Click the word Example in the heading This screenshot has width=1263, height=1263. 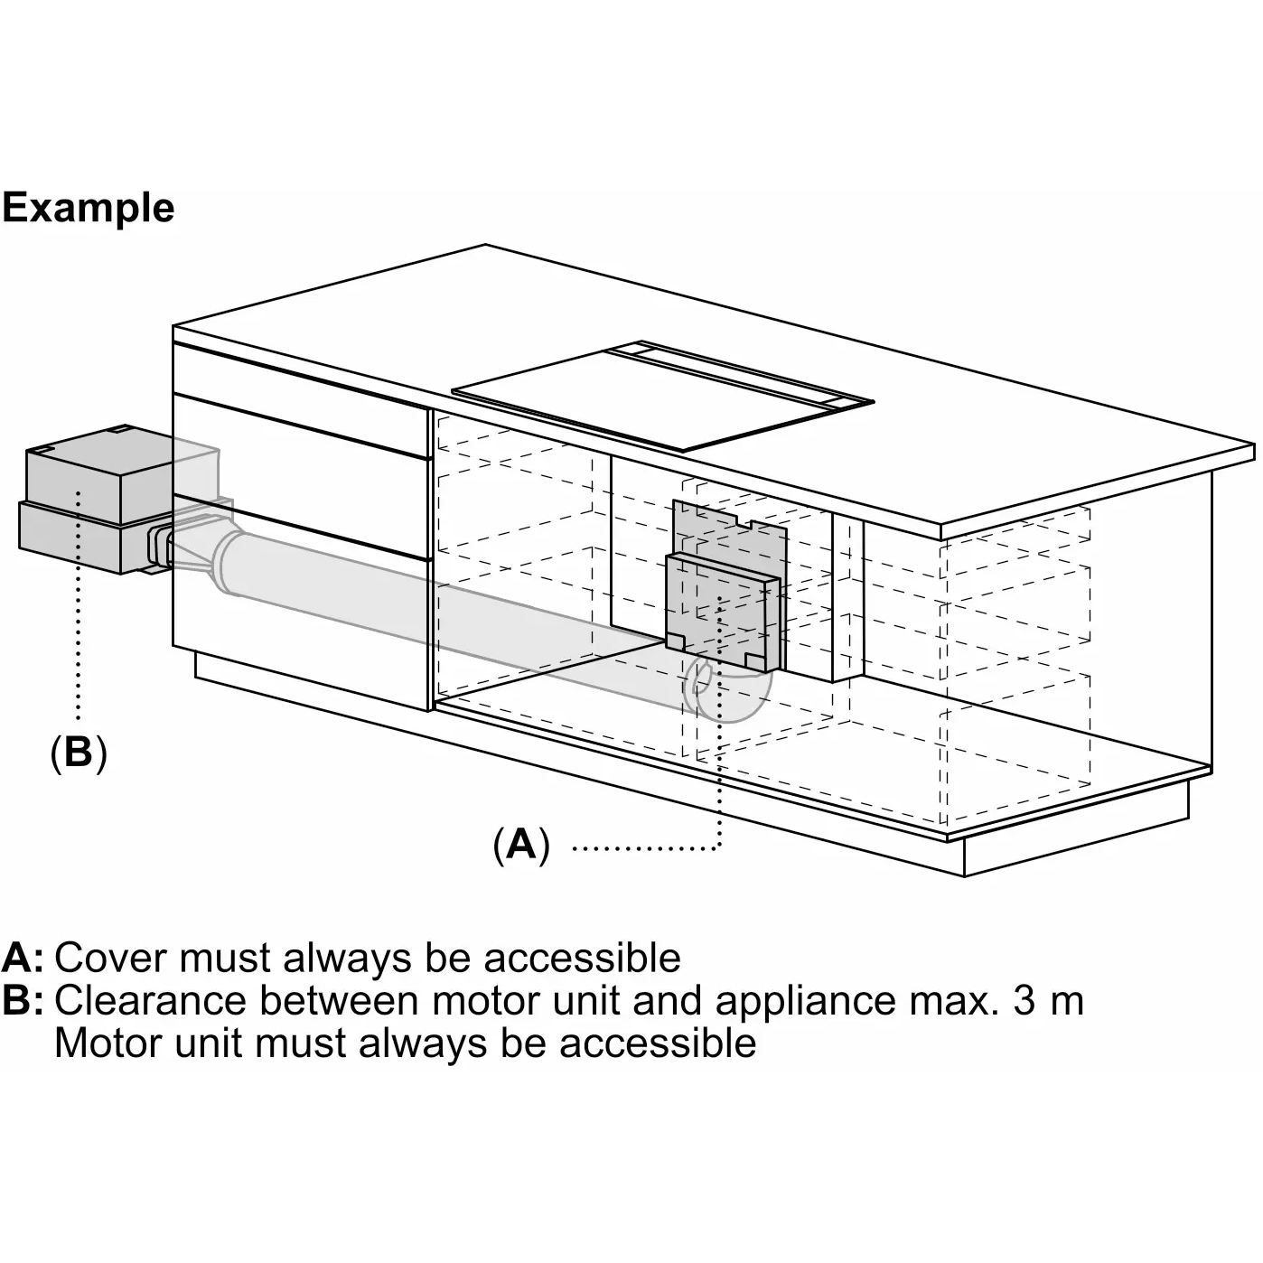(88, 208)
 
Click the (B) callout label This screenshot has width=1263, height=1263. (79, 752)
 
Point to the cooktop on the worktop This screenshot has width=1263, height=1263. (632, 398)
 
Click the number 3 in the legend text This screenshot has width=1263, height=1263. (1024, 1001)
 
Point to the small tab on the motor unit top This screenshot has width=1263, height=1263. (119, 430)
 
